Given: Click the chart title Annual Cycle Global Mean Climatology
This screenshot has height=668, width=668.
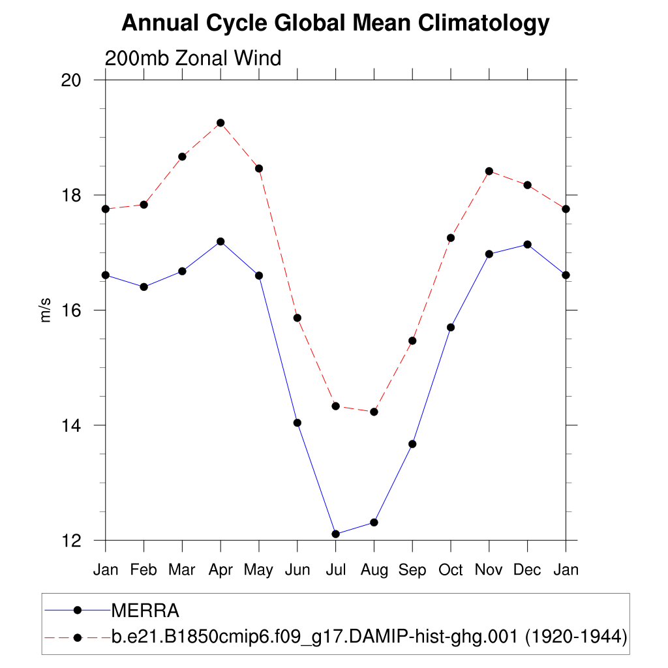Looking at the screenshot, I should click(x=335, y=23).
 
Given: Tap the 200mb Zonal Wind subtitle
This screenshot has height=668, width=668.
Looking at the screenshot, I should click(x=193, y=58).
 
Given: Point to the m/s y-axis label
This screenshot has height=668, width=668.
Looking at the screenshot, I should click(x=46, y=310).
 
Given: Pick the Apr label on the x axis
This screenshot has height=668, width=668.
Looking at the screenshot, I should click(x=220, y=570).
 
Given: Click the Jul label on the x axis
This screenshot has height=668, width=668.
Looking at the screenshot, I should click(x=335, y=570).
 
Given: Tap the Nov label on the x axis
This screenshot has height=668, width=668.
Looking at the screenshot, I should click(x=489, y=570).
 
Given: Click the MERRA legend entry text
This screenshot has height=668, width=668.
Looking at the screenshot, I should click(x=145, y=611).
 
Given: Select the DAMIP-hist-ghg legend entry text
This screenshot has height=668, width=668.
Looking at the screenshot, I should click(x=369, y=637).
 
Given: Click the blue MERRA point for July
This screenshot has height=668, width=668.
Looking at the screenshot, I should click(x=335, y=534).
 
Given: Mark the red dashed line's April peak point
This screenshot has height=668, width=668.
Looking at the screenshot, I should click(x=220, y=123).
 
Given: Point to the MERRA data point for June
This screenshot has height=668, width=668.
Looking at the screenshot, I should click(x=297, y=423).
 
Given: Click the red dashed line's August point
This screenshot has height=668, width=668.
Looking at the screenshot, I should click(x=374, y=412).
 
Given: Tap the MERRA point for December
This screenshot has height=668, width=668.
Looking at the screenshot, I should click(x=527, y=244).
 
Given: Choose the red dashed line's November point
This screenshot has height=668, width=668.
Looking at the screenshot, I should click(x=489, y=171).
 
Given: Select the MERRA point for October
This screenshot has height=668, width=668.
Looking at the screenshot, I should click(x=451, y=327).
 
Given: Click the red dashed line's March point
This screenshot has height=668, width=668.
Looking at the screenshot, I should click(x=182, y=157).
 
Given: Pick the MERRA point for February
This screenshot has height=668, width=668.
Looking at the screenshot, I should click(x=144, y=286).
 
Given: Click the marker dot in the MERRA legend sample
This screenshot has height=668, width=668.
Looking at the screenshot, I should click(x=77, y=611).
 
